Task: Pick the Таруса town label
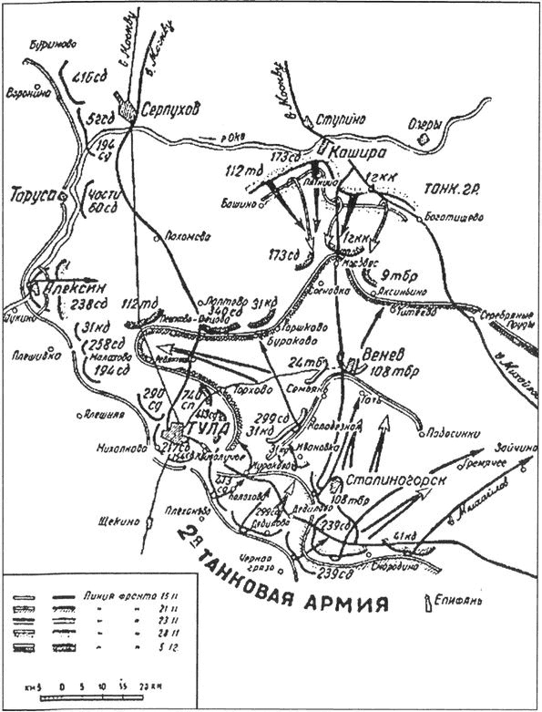[x=28, y=196]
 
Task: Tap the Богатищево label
[x=453, y=217]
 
